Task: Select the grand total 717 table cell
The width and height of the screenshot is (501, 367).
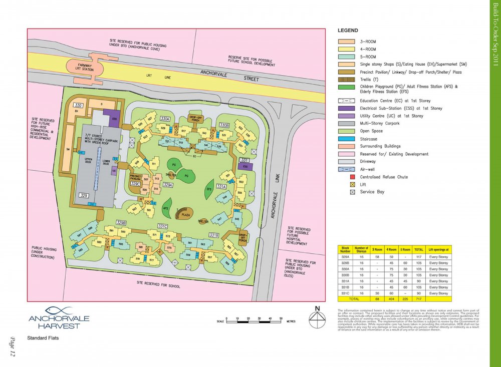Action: pos(419,299)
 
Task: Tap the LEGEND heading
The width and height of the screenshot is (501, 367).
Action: pos(348,31)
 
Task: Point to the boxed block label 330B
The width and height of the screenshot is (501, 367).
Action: pos(224,125)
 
